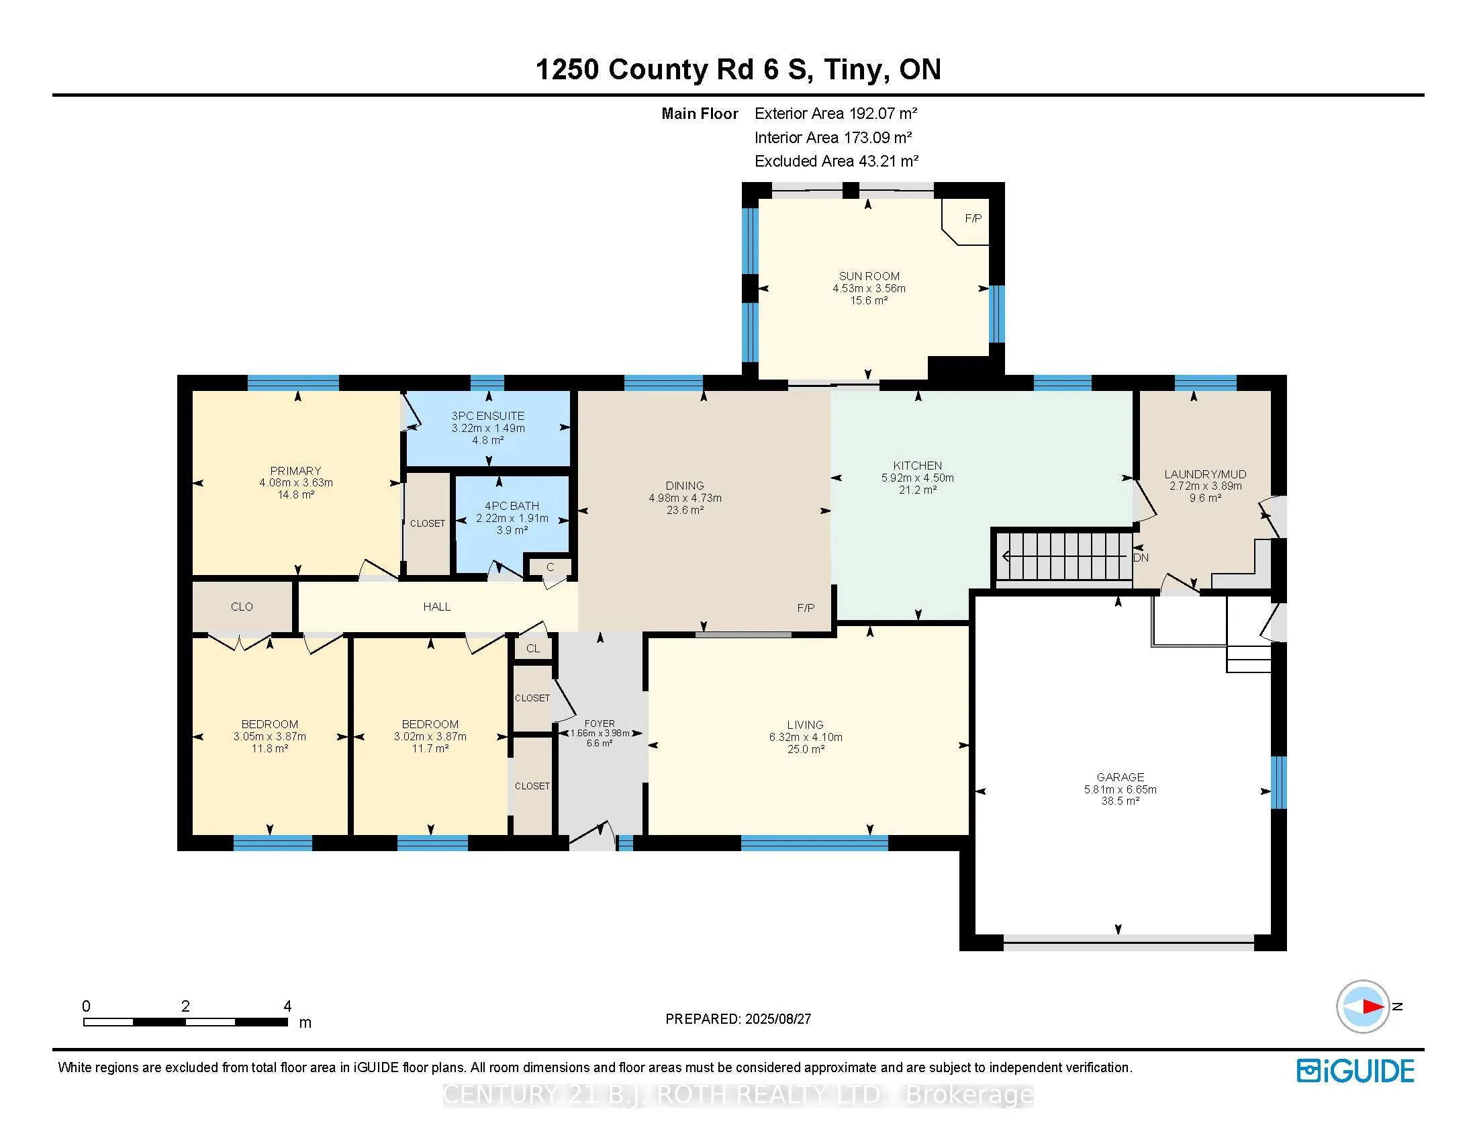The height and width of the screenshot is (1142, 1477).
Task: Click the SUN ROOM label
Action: [869, 276]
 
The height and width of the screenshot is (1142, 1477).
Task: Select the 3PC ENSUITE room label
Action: [488, 416]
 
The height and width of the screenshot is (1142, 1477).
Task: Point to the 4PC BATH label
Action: [512, 506]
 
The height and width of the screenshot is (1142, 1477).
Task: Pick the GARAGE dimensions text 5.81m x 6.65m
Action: [1121, 789]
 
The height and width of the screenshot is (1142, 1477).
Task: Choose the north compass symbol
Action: [1364, 1006]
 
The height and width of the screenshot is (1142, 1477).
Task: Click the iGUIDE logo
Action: [1355, 1071]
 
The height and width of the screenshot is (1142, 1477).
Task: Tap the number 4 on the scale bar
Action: [287, 1006]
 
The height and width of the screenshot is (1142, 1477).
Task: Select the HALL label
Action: [437, 607]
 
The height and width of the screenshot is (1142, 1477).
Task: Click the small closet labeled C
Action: [550, 567]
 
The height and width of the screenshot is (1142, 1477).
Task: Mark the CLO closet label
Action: [242, 607]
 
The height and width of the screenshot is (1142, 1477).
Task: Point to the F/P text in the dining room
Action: [806, 608]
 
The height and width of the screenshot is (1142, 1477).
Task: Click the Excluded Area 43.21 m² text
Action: [837, 161]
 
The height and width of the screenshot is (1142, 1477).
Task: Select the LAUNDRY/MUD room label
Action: [1205, 474]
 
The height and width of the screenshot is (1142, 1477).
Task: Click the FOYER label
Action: [600, 723]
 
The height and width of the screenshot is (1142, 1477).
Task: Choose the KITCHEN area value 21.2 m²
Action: [918, 490]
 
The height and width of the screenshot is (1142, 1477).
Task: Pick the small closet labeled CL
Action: [533, 648]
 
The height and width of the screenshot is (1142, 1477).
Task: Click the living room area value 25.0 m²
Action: [806, 750]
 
